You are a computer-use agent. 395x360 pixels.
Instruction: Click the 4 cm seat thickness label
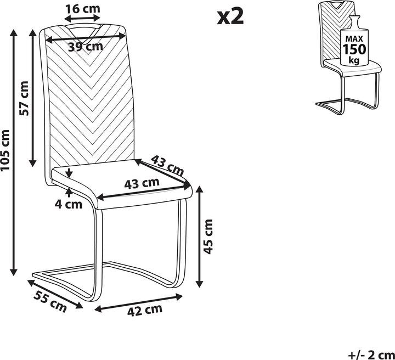[x=68, y=205]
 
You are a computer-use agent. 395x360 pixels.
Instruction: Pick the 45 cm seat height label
[x=208, y=236]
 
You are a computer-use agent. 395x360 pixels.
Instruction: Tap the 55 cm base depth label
[x=48, y=302]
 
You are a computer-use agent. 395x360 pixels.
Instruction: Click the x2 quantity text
[x=230, y=16]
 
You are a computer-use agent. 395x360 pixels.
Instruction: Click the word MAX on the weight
[x=354, y=39]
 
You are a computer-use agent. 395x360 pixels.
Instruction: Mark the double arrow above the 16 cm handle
[x=84, y=18]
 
